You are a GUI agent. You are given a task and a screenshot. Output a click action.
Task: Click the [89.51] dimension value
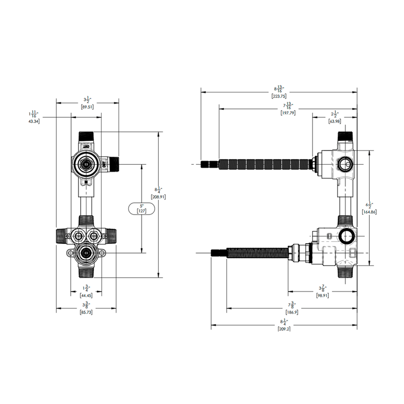[87, 107]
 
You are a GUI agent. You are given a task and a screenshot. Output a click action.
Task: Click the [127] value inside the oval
[141, 211]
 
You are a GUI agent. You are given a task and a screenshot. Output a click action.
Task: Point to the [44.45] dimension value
[87, 295]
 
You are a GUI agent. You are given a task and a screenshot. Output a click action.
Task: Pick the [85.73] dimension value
[87, 313]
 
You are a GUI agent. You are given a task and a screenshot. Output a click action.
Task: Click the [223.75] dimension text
[279, 96]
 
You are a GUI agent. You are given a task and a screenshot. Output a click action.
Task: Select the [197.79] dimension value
[288, 113]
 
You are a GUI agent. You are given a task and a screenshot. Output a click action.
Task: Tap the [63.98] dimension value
[335, 121]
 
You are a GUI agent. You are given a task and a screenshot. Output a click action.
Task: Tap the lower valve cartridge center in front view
[86, 252]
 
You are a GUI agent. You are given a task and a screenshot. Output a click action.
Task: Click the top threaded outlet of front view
[87, 137]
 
